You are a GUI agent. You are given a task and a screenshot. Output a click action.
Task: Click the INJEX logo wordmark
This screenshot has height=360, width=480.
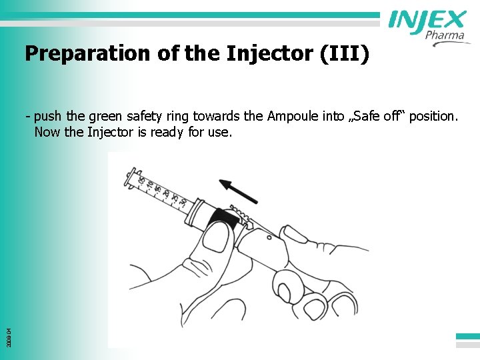tap(427, 21)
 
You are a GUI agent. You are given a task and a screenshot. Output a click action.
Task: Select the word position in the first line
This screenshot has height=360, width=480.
tap(433, 117)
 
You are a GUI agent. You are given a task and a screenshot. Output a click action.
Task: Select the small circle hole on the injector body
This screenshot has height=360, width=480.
tap(268, 236)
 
